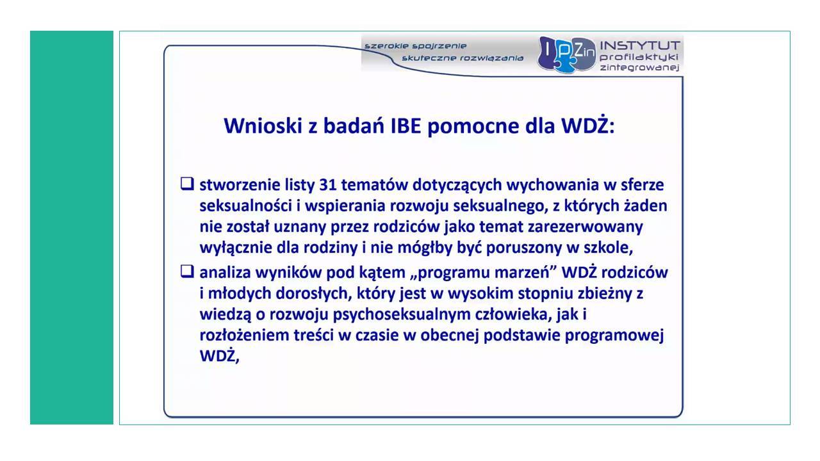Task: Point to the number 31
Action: coord(328,185)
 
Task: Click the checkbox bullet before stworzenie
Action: coord(187,184)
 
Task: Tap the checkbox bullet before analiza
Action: coord(187,271)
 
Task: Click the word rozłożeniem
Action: coord(244,335)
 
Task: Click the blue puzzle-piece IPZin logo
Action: coord(567,54)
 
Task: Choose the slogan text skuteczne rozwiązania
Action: coord(463,58)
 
